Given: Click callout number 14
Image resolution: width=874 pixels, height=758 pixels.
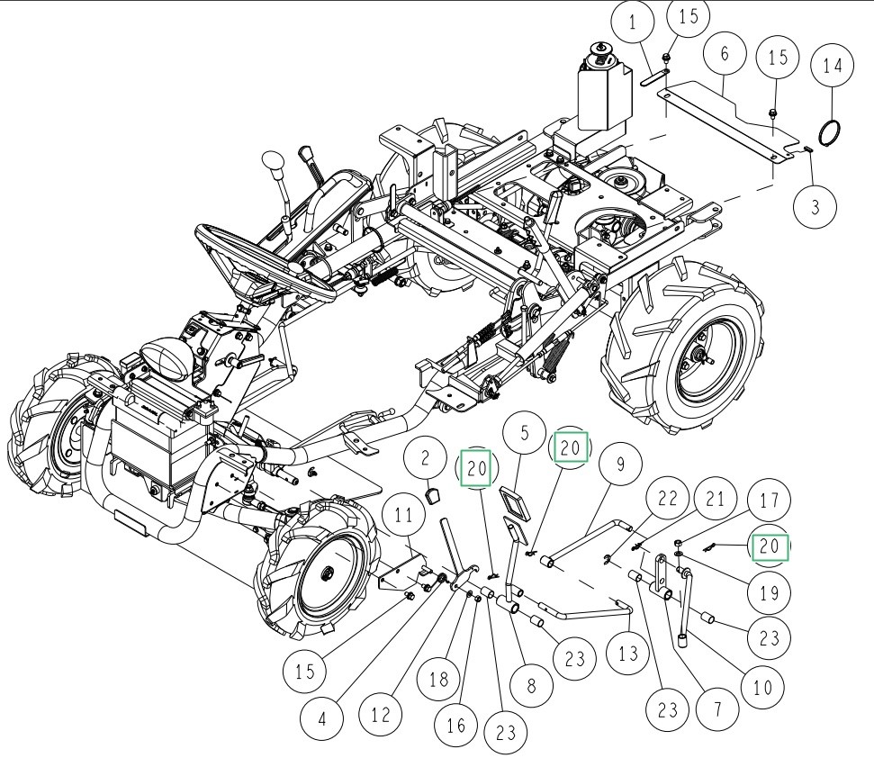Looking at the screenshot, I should (x=833, y=67).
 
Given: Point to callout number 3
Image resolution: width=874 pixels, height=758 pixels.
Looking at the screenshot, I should (x=815, y=206).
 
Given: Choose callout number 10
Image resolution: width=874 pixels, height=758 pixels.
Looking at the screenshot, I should (x=761, y=688).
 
